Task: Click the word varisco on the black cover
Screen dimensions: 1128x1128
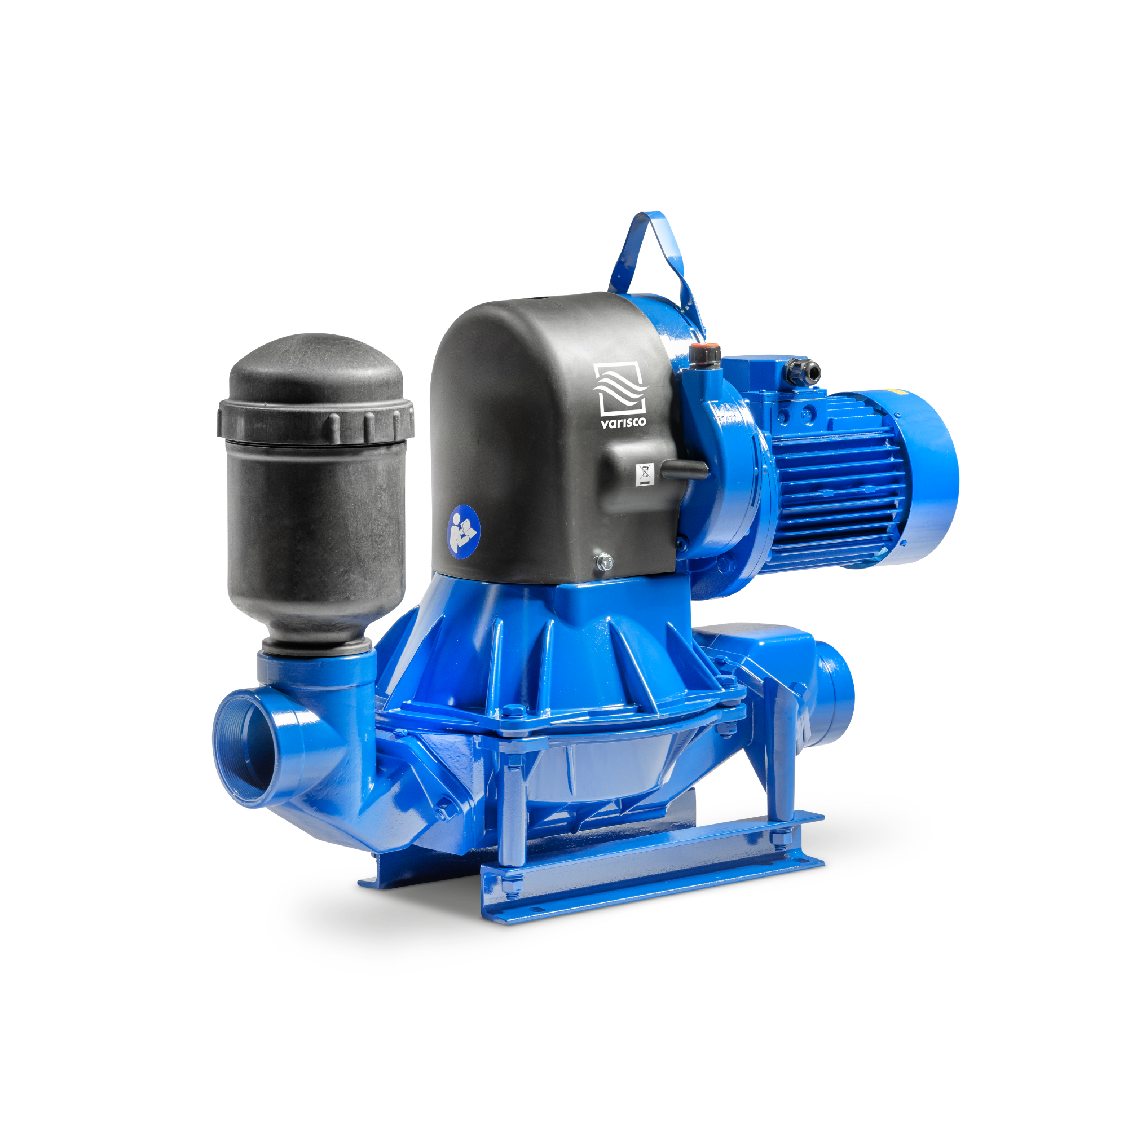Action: (623, 421)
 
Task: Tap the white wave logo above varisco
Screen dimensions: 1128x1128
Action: (619, 387)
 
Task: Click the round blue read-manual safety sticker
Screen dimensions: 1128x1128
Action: (464, 531)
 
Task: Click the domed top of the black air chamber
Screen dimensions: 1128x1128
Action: (315, 362)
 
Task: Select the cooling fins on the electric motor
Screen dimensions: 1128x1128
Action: (835, 479)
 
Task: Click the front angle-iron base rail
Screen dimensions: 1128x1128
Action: (648, 876)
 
